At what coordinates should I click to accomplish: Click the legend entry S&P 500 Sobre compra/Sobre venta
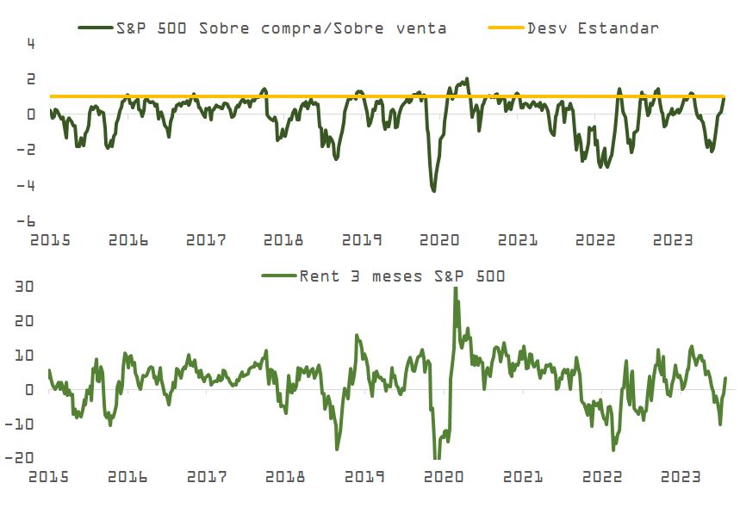tap(281, 28)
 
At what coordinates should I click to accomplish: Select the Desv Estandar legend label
tap(594, 28)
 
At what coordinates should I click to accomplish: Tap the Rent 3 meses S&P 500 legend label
tap(401, 276)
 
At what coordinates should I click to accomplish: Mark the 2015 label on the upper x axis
tap(49, 240)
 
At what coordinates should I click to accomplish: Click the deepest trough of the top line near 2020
tap(433, 190)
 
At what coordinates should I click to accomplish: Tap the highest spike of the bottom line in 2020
tap(455, 288)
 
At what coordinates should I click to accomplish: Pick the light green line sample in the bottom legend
tap(277, 276)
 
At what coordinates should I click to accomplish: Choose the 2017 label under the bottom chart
tap(206, 476)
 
